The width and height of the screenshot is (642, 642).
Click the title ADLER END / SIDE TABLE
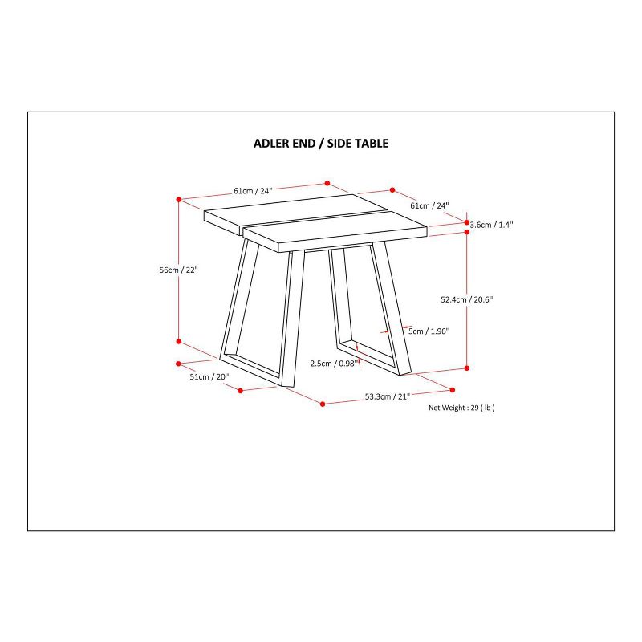tap(321, 144)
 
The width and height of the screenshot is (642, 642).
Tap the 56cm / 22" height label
tap(178, 270)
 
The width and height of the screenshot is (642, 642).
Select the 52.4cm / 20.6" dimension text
tap(467, 299)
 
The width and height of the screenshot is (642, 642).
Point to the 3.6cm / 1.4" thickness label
tap(491, 225)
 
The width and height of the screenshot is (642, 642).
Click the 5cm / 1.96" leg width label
tap(429, 331)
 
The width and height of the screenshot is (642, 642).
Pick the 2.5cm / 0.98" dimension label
tap(335, 364)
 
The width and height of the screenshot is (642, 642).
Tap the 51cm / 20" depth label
tap(209, 376)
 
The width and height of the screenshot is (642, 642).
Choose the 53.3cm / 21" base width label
tap(388, 396)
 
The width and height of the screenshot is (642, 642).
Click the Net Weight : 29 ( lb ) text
tap(461, 408)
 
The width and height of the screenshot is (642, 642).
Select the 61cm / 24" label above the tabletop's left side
tap(253, 191)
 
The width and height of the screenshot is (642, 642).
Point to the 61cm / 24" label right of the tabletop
tap(429, 205)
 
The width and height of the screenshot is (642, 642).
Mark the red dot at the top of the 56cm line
tap(178, 199)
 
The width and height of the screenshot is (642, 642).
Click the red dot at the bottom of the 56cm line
tap(178, 342)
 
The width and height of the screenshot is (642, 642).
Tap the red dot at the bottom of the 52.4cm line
tap(467, 368)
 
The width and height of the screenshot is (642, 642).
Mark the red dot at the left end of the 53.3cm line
tap(323, 404)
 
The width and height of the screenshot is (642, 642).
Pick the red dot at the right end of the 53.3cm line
tap(453, 390)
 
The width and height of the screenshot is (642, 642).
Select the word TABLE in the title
tap(372, 144)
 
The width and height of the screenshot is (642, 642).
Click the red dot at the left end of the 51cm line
tap(178, 364)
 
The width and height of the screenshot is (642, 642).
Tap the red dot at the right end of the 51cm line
tap(240, 391)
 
